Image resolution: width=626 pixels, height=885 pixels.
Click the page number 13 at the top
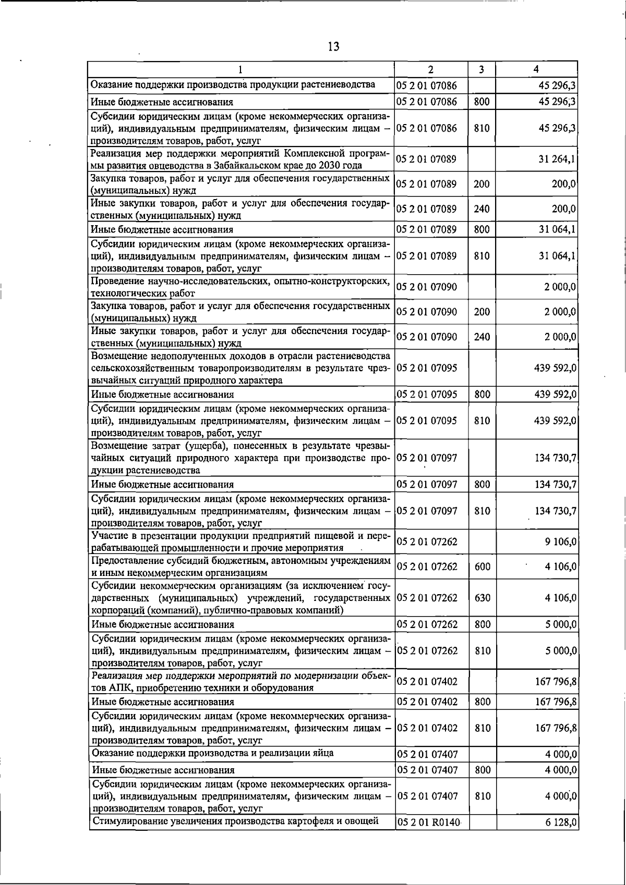click(333, 46)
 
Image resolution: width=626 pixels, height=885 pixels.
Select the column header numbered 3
click(481, 69)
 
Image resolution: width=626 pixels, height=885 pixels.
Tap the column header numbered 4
click(536, 69)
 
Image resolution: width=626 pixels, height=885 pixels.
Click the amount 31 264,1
click(557, 159)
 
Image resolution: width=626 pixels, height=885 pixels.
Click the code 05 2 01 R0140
click(428, 822)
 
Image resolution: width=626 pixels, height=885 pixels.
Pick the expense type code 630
click(482, 598)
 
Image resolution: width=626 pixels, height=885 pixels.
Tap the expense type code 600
click(482, 567)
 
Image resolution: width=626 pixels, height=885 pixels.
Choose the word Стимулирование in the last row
click(130, 821)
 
